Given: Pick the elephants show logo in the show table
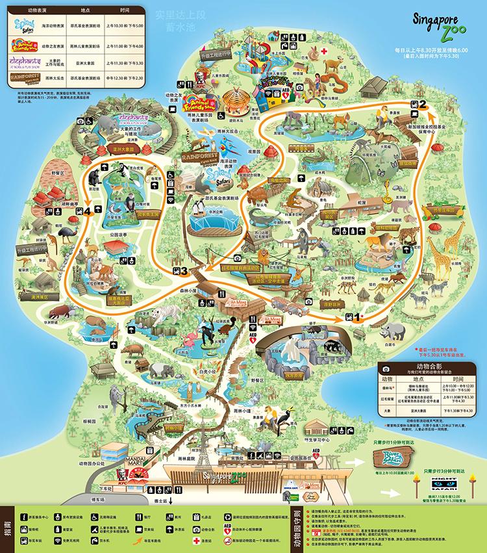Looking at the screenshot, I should pyautogui.click(x=23, y=63).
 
